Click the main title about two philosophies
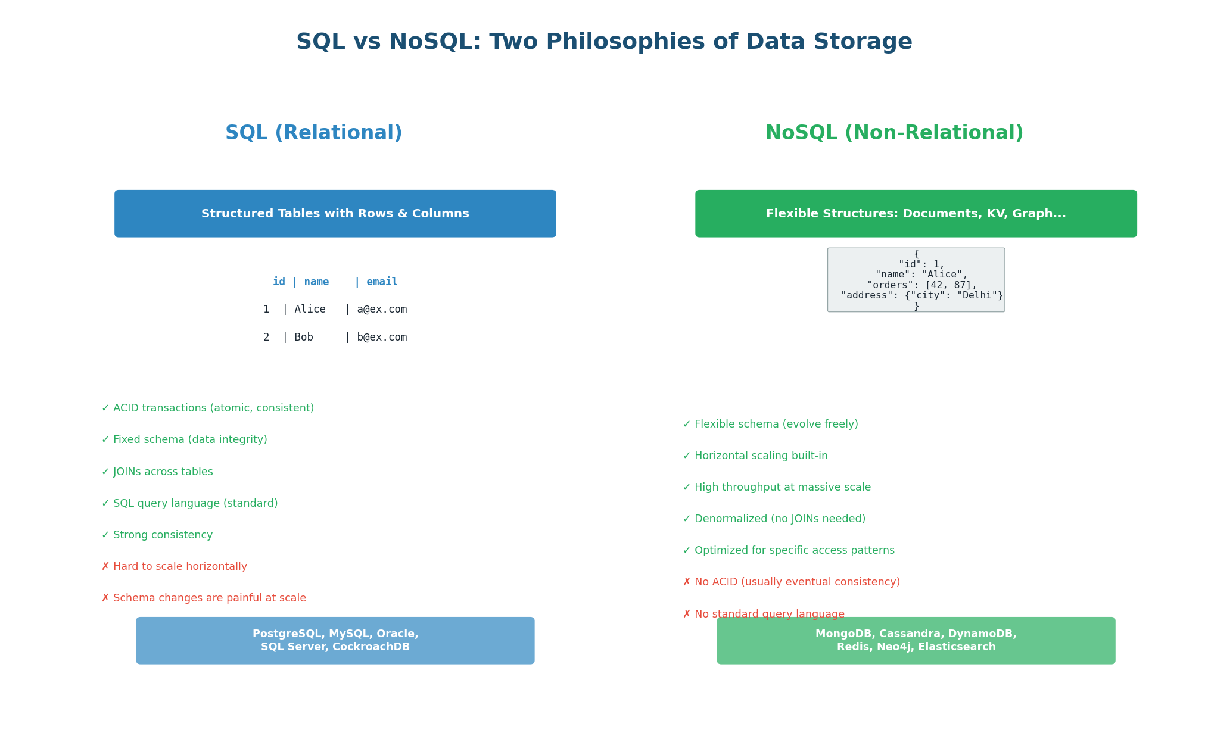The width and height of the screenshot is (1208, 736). tap(604, 42)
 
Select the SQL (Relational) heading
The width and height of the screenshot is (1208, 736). tap(313, 133)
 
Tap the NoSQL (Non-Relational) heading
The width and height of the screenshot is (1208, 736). tap(894, 133)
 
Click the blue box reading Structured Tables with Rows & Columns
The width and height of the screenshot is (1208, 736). tap(335, 214)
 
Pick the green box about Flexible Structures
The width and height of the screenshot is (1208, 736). tap(916, 214)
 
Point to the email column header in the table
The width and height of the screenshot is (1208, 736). tap(382, 282)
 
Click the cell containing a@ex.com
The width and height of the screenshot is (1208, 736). tap(382, 310)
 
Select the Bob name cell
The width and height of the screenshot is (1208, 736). tap(304, 338)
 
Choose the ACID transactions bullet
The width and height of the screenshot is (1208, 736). tap(207, 408)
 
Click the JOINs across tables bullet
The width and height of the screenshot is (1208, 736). tap(157, 472)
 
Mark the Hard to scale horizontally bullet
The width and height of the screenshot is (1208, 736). tap(174, 567)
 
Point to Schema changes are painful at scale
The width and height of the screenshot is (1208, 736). tap(204, 598)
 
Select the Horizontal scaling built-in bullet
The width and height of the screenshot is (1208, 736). tap(755, 456)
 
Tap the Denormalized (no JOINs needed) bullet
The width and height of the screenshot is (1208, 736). tap(774, 519)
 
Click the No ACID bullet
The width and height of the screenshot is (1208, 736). tap(792, 582)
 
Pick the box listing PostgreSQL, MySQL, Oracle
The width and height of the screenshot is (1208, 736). tap(335, 641)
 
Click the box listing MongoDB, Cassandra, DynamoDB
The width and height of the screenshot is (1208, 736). tap(916, 641)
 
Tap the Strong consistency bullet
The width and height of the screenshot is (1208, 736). tap(157, 535)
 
